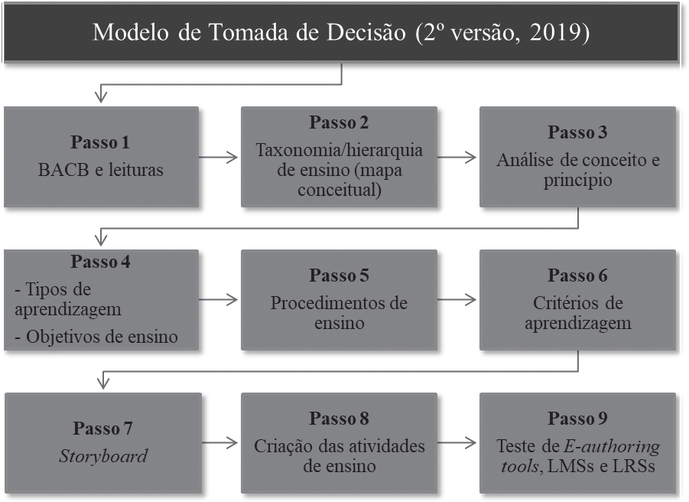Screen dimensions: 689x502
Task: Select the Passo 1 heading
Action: pos(100,142)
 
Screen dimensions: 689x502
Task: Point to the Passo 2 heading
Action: pos(339,122)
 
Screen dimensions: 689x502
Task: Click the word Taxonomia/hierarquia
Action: pos(339,150)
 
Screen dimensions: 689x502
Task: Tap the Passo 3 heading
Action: pos(577,132)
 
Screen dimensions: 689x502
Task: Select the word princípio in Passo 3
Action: pos(577,181)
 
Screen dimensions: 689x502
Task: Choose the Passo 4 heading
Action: pos(100,262)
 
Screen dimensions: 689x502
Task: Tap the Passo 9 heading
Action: pos(577,419)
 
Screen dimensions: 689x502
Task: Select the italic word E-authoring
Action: pos(612,446)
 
